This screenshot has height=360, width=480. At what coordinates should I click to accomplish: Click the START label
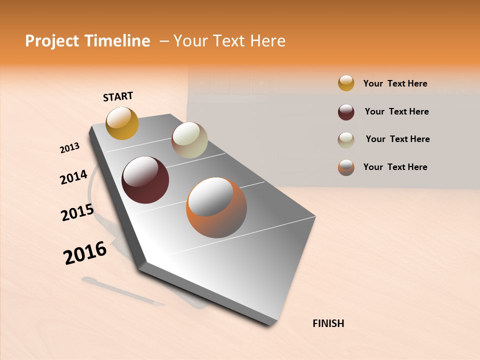point(118,96)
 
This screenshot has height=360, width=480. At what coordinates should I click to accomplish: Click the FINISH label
point(328,323)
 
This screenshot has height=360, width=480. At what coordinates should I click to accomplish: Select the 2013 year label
point(69,147)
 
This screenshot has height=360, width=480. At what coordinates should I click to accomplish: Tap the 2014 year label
point(73,177)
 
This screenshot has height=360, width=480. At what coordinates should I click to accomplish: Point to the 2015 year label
point(77,212)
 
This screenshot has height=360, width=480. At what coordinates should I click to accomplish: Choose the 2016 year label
point(85,253)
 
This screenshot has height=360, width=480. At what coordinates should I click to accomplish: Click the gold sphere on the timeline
point(122,123)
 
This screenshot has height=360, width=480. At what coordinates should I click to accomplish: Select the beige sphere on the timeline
point(189,140)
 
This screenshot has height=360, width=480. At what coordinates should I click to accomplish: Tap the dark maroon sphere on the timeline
point(145,180)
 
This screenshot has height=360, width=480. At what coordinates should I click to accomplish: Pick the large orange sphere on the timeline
point(216,207)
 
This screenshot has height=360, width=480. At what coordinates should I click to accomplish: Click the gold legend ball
point(346,83)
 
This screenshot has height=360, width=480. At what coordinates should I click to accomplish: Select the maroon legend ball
point(346,112)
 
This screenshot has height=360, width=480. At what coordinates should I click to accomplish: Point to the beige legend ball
point(346,140)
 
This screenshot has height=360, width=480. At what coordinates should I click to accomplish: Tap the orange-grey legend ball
point(346,167)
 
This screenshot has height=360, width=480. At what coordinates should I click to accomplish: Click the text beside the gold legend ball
point(395,83)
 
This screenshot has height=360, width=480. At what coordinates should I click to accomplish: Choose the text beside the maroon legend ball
point(396,111)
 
